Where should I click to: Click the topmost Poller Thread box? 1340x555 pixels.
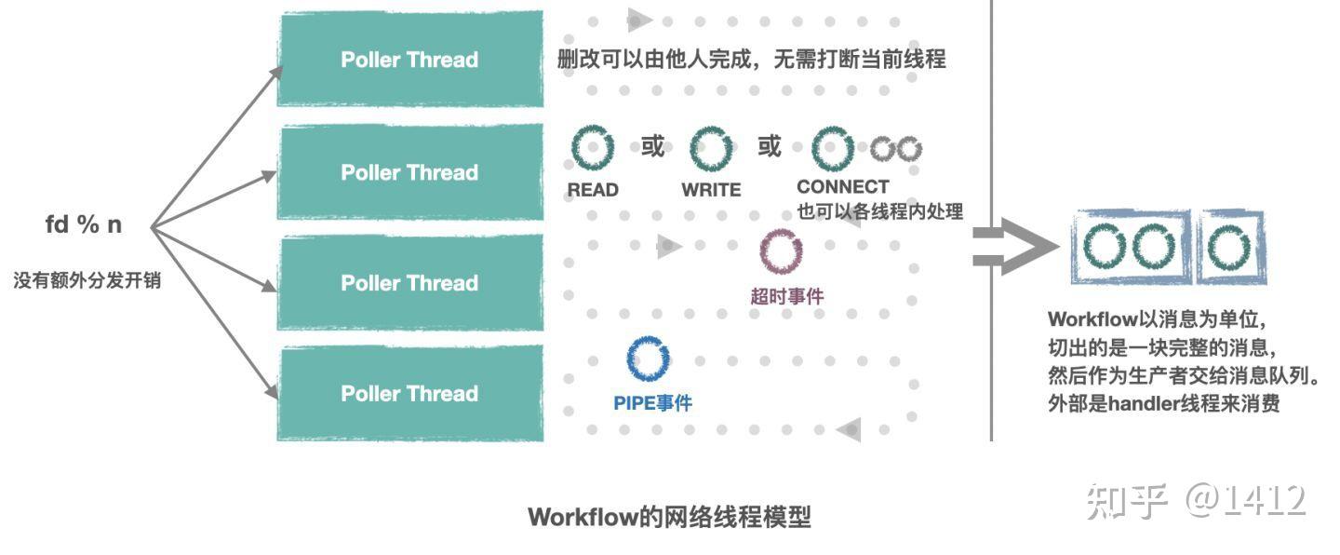coord(410,59)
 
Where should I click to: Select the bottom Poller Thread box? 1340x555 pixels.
coord(410,393)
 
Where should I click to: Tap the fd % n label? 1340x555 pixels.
coord(84,224)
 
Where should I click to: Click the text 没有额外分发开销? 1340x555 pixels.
coord(87,280)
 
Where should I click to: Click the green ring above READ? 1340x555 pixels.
coord(593,149)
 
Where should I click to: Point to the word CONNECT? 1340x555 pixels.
coord(842,186)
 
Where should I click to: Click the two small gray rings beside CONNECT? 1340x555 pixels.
coord(896,148)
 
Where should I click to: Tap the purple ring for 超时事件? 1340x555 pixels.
coord(781,250)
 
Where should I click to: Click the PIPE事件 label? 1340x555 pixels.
coord(652,403)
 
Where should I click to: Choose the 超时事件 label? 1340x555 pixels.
coord(786,296)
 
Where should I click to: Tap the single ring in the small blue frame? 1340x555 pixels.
coord(1229,247)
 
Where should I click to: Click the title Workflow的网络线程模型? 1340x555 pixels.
coord(669,517)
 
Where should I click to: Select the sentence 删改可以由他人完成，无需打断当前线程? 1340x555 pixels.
coord(751,60)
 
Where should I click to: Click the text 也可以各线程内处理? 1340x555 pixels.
coord(879,211)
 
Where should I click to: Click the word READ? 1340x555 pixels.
coord(593,190)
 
